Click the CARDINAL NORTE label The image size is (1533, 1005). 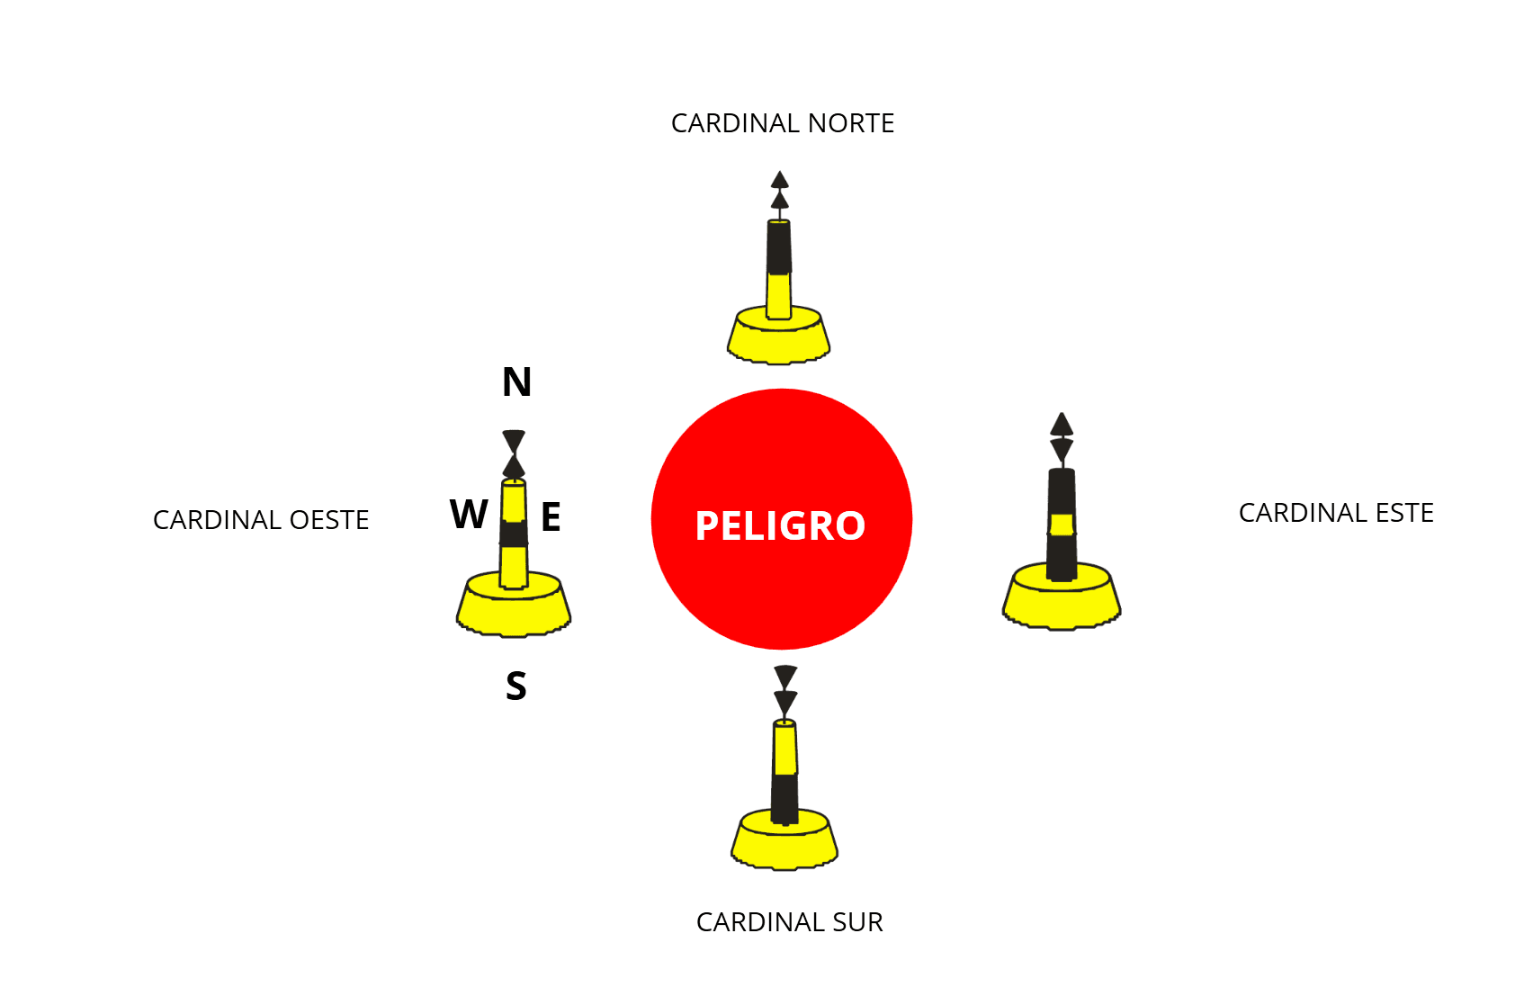(782, 123)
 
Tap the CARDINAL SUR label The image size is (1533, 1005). (789, 922)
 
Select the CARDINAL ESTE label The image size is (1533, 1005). (1336, 513)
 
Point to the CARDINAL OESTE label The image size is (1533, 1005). (261, 520)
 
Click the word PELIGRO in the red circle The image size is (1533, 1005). (781, 525)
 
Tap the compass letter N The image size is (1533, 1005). (516, 382)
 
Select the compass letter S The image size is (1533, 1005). (516, 686)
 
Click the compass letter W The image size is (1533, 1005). (469, 514)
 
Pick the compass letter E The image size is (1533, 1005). (551, 516)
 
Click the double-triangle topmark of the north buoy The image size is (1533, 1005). (779, 191)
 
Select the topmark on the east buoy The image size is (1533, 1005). (1062, 438)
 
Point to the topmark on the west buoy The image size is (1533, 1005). (514, 453)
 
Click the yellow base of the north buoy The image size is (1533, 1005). (779, 336)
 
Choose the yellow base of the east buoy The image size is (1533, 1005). (1062, 597)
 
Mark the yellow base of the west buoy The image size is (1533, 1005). (514, 606)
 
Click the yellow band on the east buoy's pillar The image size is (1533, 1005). (1062, 525)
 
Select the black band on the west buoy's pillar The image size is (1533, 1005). (514, 534)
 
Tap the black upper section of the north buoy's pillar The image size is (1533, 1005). (779, 247)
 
